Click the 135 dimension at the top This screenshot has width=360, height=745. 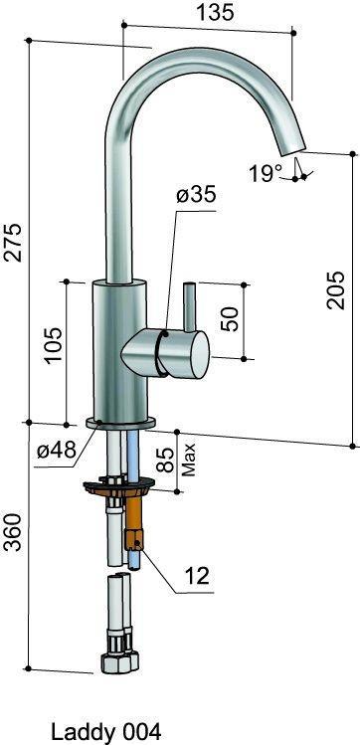click(216, 13)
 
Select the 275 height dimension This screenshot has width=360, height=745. click(13, 242)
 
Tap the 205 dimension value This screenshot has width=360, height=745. click(335, 290)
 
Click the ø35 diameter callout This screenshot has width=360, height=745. click(196, 195)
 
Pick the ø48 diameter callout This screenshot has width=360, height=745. click(57, 450)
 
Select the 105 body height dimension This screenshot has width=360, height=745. click(53, 345)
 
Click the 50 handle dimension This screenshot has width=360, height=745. click(230, 318)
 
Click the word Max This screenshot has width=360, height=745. click(190, 460)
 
